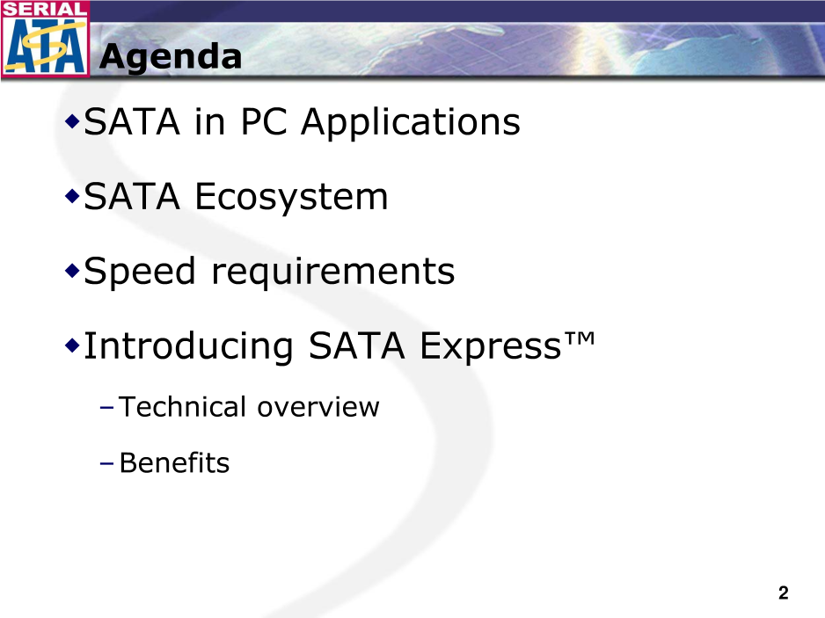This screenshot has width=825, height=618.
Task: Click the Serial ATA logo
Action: (x=45, y=39)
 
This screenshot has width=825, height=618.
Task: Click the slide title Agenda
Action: (x=171, y=57)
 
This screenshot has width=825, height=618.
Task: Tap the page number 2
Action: (x=784, y=593)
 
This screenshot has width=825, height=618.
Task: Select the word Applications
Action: (x=411, y=123)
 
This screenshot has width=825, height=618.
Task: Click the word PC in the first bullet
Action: (x=264, y=122)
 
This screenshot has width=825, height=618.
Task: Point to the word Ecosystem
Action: (x=291, y=198)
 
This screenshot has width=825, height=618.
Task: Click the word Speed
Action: (x=140, y=272)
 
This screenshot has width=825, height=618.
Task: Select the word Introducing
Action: (x=188, y=347)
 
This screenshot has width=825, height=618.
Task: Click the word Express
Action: (x=491, y=347)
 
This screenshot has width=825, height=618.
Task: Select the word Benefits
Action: (x=175, y=463)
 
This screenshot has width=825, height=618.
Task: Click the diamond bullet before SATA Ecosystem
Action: (x=72, y=197)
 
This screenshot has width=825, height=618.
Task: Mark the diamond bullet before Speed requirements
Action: (x=72, y=272)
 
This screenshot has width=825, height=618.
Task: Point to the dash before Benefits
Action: (x=106, y=463)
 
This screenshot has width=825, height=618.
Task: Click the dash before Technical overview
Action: (x=106, y=408)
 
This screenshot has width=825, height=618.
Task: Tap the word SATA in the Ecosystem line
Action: (x=132, y=197)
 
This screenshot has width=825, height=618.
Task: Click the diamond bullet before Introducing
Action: (x=72, y=346)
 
